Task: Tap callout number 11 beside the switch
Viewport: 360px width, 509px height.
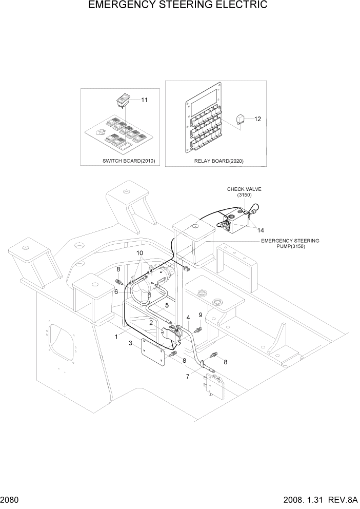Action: click(144, 100)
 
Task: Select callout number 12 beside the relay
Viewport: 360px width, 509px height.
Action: click(257, 119)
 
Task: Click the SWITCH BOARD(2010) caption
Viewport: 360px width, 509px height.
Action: click(128, 161)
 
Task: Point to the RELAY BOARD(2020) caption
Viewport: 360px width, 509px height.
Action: click(218, 161)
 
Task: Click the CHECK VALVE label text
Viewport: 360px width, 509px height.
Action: click(244, 189)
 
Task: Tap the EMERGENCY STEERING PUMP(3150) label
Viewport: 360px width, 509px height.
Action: click(290, 243)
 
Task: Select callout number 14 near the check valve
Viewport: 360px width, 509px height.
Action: click(261, 230)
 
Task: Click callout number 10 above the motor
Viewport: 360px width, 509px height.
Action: click(139, 253)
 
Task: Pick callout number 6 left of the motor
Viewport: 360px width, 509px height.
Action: click(116, 291)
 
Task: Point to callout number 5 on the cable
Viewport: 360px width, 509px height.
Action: click(166, 305)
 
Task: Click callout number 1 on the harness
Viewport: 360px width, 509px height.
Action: click(116, 337)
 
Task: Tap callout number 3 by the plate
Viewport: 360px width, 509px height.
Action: click(131, 343)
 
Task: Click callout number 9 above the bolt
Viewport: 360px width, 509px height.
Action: click(201, 315)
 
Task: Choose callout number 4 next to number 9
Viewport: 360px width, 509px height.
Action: click(188, 318)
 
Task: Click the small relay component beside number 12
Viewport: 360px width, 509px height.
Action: click(240, 119)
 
